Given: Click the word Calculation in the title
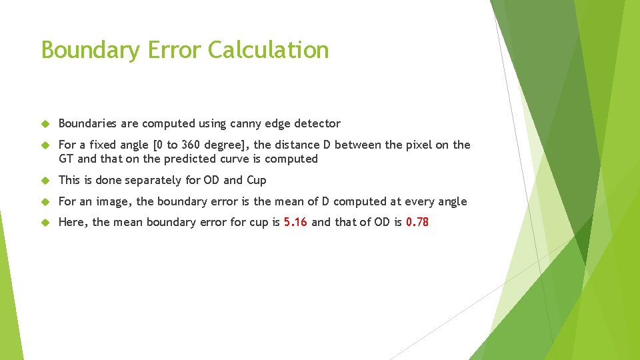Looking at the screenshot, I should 269,50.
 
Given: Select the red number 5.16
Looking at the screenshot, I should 295,222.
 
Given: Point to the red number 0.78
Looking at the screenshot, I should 417,222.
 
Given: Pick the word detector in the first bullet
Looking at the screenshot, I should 317,123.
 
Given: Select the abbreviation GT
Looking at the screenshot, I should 66,159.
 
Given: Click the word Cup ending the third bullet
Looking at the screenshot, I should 256,180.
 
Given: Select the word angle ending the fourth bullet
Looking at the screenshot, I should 452,201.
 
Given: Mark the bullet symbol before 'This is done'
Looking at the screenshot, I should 45,180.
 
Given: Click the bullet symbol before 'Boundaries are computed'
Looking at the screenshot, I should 45,123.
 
